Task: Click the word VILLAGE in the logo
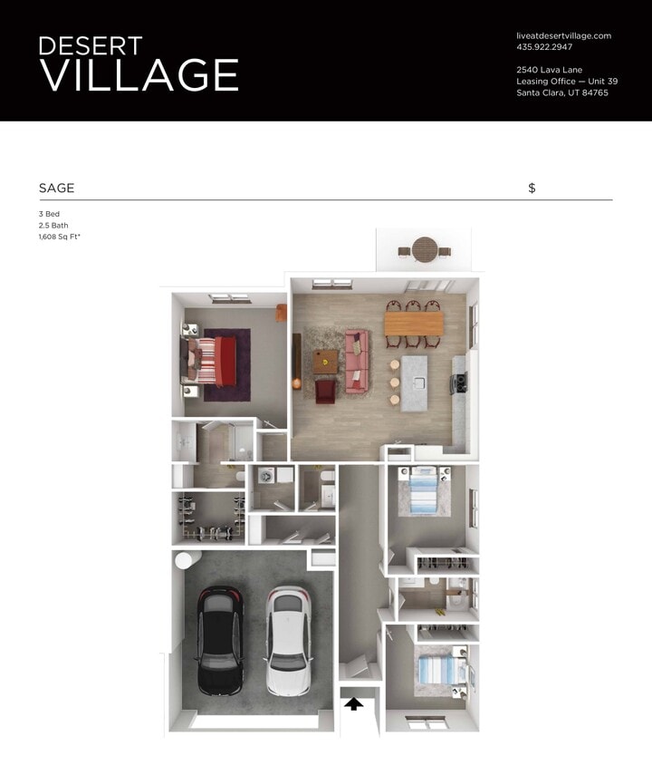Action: [x=139, y=74]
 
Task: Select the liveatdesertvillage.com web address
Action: [x=563, y=35]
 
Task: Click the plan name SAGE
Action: [x=56, y=189]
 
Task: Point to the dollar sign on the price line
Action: [x=532, y=189]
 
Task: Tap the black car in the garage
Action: [x=218, y=639]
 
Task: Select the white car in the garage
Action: [x=288, y=639]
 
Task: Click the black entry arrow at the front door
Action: [x=354, y=702]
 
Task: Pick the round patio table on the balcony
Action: [x=425, y=248]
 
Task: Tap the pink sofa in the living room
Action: [x=356, y=362]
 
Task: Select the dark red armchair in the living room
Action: [x=325, y=391]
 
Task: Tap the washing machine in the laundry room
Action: [x=266, y=475]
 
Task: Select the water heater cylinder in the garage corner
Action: [x=185, y=559]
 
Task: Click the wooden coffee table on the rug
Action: [x=325, y=361]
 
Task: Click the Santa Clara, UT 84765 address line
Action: [x=561, y=92]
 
